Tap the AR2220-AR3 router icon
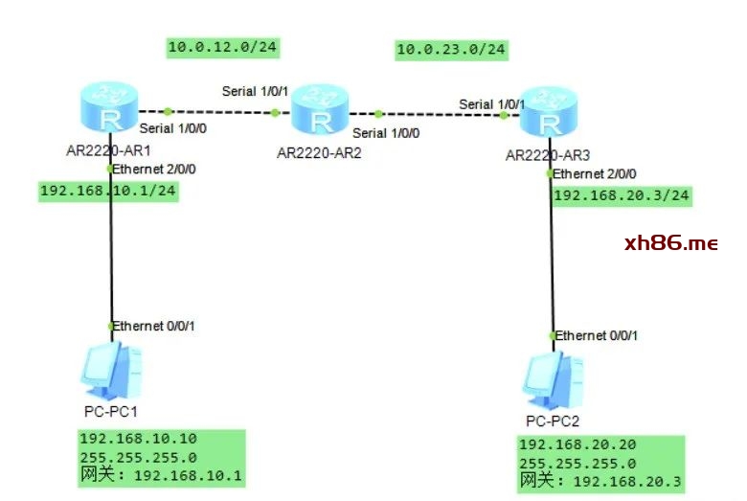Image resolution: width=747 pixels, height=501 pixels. pyautogui.click(x=549, y=113)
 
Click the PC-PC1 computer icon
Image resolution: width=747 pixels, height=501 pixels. pyautogui.click(x=112, y=371)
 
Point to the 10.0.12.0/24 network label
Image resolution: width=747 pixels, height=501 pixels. pyautogui.click(x=214, y=47)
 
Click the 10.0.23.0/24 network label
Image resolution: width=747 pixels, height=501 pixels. pyautogui.click(x=451, y=49)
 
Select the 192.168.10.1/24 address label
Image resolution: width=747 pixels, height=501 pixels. pyautogui.click(x=108, y=191)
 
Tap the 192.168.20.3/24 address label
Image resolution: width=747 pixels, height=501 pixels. pyautogui.click(x=622, y=195)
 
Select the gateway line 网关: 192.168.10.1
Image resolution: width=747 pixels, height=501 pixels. pyautogui.click(x=160, y=475)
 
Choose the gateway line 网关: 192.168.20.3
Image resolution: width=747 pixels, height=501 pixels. pyautogui.click(x=600, y=481)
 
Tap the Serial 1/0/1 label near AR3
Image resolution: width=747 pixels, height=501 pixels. pyautogui.click(x=491, y=103)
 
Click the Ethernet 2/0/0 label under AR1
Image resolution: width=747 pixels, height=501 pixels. pyautogui.click(x=154, y=169)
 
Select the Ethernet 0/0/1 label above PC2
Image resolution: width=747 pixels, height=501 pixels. pyautogui.click(x=597, y=335)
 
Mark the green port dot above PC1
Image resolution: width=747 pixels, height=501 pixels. pyautogui.click(x=111, y=327)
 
